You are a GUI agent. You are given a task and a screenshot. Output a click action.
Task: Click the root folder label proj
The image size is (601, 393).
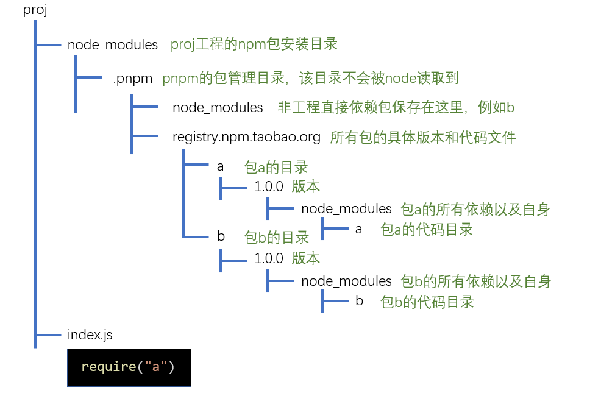(x=35, y=10)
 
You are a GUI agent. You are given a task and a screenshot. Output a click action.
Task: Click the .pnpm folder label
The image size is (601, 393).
(x=132, y=78)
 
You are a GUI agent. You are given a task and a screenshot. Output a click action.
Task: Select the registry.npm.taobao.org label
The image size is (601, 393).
(x=246, y=137)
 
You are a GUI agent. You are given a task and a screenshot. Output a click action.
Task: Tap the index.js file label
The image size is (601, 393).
(x=90, y=335)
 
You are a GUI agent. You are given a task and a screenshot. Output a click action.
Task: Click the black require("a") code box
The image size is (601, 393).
(x=129, y=367)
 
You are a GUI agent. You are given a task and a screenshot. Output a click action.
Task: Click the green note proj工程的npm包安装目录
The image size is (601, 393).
(x=254, y=44)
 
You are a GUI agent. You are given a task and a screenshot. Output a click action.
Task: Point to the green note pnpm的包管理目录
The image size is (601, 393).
(x=310, y=78)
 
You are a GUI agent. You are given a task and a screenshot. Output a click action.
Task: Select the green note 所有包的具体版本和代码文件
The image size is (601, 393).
(x=422, y=138)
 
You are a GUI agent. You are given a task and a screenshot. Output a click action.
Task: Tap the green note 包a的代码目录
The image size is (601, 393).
(x=427, y=229)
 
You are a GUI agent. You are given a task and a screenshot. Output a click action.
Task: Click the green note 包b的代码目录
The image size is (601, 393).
(x=427, y=302)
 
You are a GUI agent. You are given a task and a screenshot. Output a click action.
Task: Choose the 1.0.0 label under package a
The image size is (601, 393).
(x=269, y=186)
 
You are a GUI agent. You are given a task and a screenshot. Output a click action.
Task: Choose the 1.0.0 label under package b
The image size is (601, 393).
(x=269, y=258)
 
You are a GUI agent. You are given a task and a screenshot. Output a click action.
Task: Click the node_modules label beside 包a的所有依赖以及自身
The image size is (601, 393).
(x=346, y=209)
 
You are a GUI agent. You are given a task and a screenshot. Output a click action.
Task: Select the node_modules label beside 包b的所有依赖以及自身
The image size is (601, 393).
(x=346, y=281)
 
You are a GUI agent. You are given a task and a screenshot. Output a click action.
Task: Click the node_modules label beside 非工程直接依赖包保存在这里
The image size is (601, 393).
(x=218, y=108)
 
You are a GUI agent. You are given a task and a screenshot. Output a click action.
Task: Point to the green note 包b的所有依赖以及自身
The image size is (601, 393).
(x=475, y=281)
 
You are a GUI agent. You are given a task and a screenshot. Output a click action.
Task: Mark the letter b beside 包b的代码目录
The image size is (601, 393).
(x=359, y=301)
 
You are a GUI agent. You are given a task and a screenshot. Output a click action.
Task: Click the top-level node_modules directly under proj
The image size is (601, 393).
(x=113, y=45)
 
